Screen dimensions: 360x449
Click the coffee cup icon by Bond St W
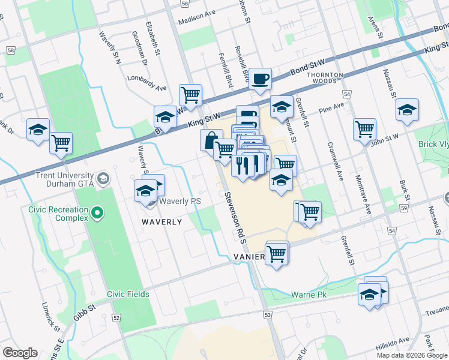[x=260, y=79]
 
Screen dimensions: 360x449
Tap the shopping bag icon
[x=211, y=141]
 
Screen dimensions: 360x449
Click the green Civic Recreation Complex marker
[x=95, y=213]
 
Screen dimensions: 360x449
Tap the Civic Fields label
[x=128, y=294]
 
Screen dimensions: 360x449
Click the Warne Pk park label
[x=309, y=295]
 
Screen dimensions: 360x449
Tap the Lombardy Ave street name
[x=147, y=83]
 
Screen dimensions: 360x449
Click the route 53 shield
[x=268, y=314]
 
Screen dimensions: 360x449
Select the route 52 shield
[x=116, y=317]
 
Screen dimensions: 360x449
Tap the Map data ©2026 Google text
[x=411, y=355]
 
